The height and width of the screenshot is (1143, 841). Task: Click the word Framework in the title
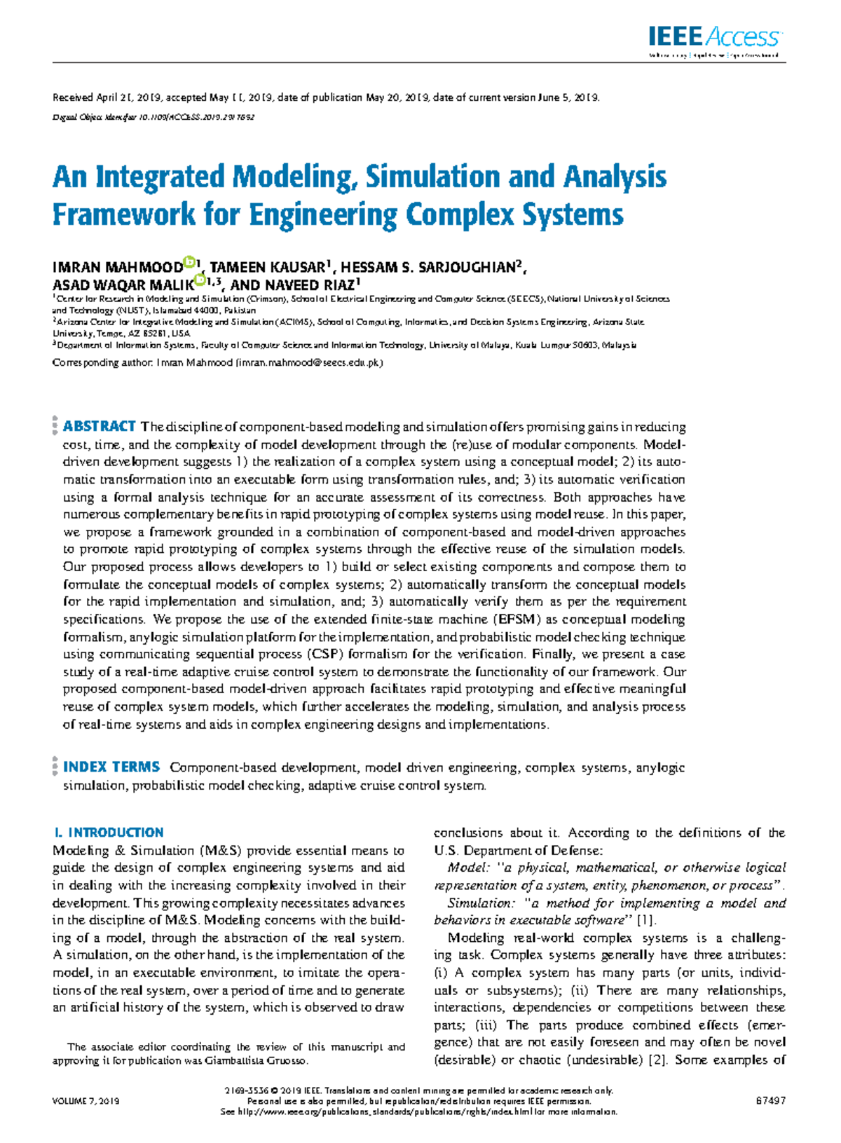[124, 214]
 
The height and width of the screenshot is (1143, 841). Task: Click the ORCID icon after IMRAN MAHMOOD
[189, 263]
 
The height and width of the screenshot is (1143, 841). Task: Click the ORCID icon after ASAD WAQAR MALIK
[199, 280]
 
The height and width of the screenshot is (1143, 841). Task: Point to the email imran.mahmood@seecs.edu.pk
[309, 363]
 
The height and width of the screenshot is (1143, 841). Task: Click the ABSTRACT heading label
[99, 427]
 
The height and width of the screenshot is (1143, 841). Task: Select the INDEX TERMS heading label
[111, 767]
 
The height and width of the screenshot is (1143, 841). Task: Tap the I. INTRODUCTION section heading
[109, 833]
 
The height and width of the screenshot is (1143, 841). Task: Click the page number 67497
[770, 1101]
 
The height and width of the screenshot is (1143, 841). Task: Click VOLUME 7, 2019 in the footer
[86, 1101]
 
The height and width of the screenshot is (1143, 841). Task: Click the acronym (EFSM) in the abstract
[517, 620]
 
